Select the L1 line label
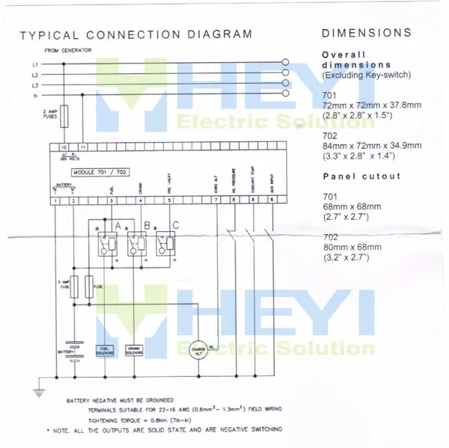point(35,64)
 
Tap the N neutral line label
point(35,94)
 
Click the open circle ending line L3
point(284,85)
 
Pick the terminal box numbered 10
point(64,148)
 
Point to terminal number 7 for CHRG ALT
point(216,200)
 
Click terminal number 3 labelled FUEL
point(111,200)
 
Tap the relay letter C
point(175,225)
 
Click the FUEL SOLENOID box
point(104,349)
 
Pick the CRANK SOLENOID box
point(135,349)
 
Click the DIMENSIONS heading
point(366,33)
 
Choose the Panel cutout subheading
point(361,177)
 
